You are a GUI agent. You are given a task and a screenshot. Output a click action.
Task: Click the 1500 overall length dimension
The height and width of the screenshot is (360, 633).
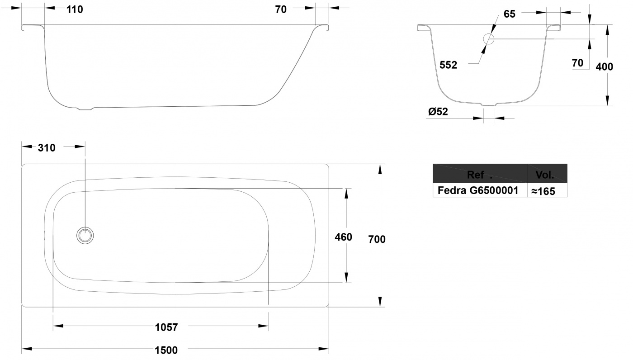tap(166, 350)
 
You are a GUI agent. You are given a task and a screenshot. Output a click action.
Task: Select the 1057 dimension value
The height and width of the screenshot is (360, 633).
tap(166, 327)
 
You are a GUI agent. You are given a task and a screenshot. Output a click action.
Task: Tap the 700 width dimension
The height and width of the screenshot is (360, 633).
tap(377, 239)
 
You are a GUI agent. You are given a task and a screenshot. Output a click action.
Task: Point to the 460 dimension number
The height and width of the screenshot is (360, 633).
tap(343, 237)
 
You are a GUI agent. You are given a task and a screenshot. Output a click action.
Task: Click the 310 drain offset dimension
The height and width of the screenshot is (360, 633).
tap(47, 147)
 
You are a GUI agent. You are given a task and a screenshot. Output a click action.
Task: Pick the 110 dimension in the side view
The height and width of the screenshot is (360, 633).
tap(75, 9)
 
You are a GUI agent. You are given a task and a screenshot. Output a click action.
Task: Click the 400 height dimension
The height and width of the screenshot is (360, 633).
tap(605, 66)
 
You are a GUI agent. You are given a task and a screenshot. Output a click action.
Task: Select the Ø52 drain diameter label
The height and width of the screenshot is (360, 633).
tap(438, 112)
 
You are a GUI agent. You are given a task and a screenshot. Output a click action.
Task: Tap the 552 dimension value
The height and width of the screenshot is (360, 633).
tap(448, 65)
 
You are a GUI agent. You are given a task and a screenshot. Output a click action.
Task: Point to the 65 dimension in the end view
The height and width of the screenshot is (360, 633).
tap(510, 14)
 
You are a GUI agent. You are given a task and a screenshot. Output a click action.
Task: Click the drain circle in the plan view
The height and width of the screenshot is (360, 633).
tap(85, 235)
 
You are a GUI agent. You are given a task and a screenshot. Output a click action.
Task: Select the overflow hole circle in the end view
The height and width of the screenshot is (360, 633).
tap(489, 39)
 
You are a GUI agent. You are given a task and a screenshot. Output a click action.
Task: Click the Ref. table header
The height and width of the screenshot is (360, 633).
tap(480, 175)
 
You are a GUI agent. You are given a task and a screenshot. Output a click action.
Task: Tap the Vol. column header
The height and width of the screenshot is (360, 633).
tap(544, 175)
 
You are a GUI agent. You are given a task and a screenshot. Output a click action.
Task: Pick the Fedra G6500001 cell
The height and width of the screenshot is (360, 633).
tap(478, 190)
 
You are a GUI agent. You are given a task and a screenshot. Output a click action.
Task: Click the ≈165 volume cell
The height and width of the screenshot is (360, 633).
tap(543, 191)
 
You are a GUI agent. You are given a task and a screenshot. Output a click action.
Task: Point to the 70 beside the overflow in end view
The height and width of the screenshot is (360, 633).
tap(578, 63)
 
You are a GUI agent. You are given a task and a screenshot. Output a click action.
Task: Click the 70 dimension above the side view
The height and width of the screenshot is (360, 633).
tap(281, 9)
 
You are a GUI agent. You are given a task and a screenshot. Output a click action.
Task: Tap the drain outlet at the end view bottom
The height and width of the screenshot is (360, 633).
tap(489, 105)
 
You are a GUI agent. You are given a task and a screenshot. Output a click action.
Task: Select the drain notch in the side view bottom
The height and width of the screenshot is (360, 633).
tap(85, 109)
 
